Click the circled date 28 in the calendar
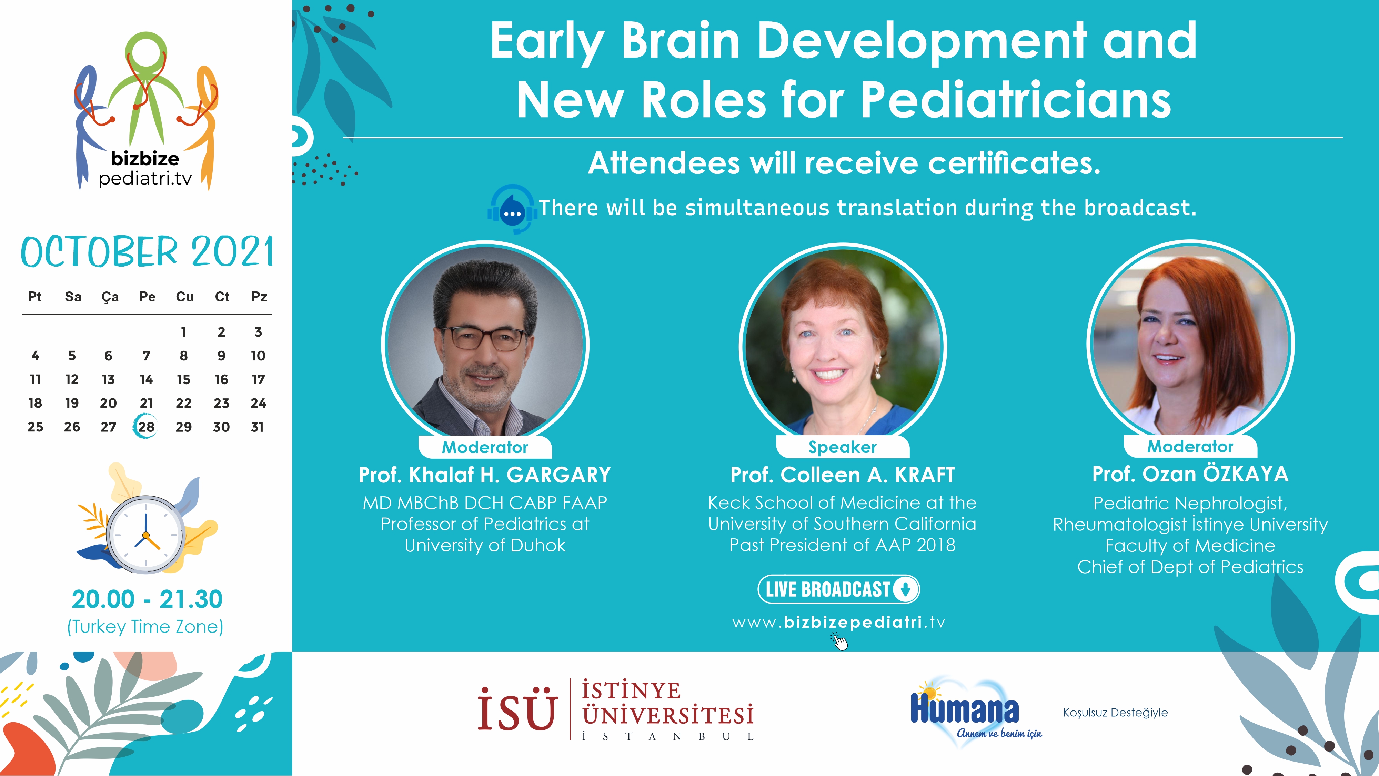145,427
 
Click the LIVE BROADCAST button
839,589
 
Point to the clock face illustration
145,535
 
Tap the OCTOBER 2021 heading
147,252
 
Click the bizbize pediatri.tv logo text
145,168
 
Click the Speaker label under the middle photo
843,447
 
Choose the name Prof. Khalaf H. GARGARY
484,475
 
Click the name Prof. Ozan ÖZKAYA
1190,474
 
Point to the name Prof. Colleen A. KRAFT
843,475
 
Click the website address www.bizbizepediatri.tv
839,622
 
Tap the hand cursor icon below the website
839,641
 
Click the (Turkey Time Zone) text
145,627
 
